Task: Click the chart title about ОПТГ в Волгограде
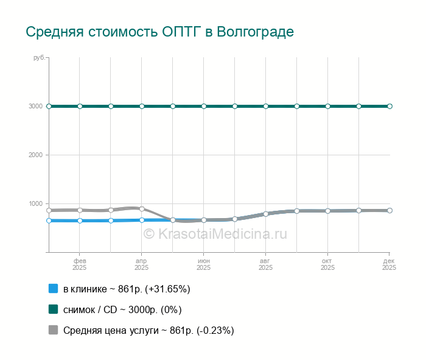coord(159,32)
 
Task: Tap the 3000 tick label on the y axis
coord(36,106)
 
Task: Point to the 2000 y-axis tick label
coord(36,155)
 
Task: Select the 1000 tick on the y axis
coord(36,203)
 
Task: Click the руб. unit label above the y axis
coord(39,57)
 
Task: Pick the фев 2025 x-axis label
coord(80,264)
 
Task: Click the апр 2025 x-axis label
coord(142,264)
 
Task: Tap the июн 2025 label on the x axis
coord(204,264)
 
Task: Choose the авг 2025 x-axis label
coord(266,264)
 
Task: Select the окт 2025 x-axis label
coord(328,264)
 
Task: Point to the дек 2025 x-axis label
coord(389,264)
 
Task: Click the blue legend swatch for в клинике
coord(53,289)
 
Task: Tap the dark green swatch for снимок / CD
coord(53,309)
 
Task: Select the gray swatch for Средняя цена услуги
coord(53,330)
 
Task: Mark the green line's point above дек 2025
coord(389,106)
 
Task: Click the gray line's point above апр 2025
coord(142,209)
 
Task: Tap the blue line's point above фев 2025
coord(80,221)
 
